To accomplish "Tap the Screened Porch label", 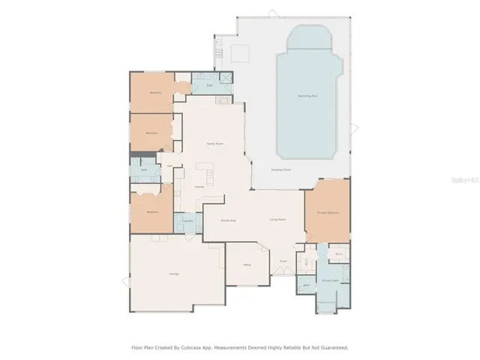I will [282, 170].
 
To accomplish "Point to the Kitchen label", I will [200, 187].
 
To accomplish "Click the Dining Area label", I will [229, 220].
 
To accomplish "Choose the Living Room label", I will [277, 220].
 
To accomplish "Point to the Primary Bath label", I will [331, 280].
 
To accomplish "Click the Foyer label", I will [283, 261].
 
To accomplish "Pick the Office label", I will [246, 265].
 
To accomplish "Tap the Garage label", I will [173, 274].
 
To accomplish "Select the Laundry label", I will [188, 221].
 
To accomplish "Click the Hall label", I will [169, 166].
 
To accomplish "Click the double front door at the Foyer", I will [283, 274].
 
